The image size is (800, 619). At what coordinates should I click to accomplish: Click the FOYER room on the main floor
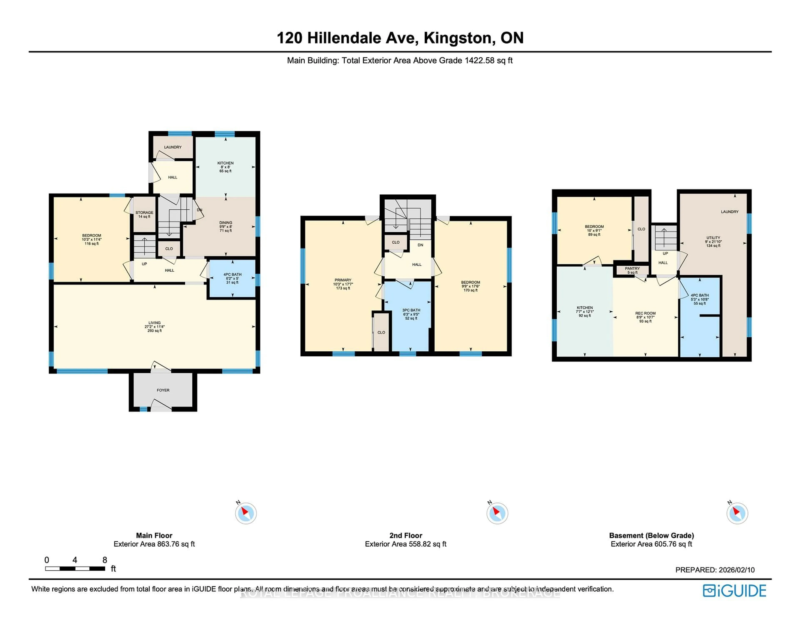point(163,390)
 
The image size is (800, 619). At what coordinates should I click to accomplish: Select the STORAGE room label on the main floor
point(144,213)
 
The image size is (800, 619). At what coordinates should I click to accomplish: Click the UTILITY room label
point(713,238)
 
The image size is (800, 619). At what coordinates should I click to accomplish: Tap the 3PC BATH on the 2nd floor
point(411,310)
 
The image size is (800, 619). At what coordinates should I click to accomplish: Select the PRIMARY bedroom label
point(342,280)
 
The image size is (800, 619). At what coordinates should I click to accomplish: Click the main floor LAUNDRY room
point(172,147)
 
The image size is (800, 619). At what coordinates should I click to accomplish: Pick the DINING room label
point(226,223)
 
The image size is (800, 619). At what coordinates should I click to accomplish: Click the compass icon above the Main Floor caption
point(246,513)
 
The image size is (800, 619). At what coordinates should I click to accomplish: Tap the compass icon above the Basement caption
point(737,513)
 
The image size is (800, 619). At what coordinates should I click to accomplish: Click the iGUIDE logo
point(734,591)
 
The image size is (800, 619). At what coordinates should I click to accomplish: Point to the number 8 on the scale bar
point(105,560)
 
